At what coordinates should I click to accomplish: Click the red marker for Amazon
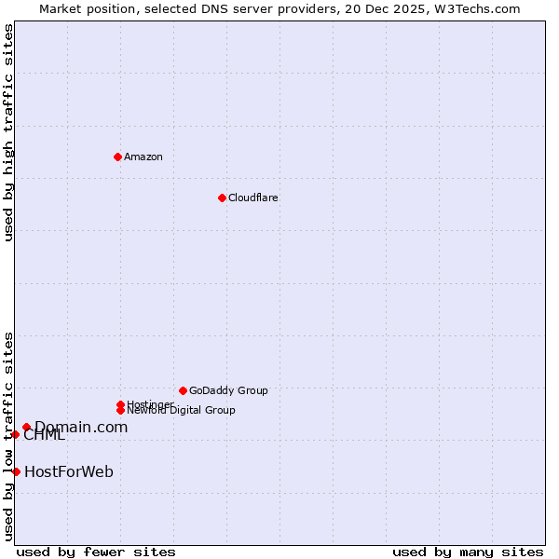pos(117,157)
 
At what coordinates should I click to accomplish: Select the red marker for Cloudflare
pos(222,198)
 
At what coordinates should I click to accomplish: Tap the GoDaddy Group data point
pos(183,390)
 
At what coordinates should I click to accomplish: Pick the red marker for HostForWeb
pos(16,471)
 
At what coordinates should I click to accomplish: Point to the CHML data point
pos(15,434)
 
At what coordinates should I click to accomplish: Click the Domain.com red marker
pos(26,427)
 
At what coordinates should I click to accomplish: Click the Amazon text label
pos(143,157)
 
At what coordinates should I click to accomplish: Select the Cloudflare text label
pos(253,198)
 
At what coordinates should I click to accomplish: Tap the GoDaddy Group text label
pos(228,390)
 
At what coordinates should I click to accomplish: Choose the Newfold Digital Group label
pos(182,410)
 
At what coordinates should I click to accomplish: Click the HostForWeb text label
pos(69,471)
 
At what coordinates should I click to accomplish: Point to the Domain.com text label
pos(81,427)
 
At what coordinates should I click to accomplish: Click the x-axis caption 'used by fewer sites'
pos(96,552)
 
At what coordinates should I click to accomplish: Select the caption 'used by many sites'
pos(468,552)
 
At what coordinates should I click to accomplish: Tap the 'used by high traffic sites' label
pos(9,132)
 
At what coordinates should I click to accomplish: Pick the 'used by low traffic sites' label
pos(9,435)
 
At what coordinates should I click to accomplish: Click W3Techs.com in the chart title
pos(473,8)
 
